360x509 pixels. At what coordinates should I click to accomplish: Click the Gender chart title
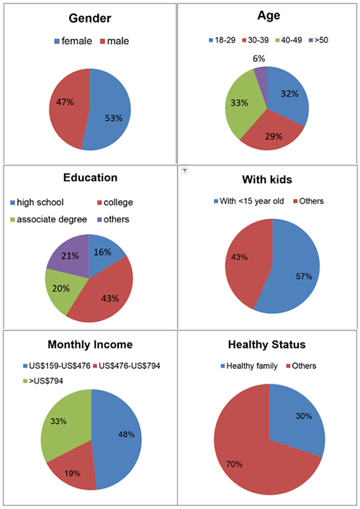tap(90, 19)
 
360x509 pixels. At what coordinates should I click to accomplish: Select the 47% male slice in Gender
tap(68, 107)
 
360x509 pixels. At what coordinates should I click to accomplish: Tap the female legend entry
tap(73, 41)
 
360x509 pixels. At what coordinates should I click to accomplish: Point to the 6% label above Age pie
tap(258, 58)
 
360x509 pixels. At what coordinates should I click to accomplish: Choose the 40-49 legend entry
tap(288, 40)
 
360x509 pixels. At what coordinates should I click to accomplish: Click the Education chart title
tap(90, 178)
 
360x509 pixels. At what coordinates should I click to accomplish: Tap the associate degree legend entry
tap(49, 220)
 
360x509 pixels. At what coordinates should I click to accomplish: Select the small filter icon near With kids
tap(184, 171)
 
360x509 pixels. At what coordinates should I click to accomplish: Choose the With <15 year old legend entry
tap(248, 202)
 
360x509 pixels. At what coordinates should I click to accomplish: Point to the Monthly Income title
tap(90, 344)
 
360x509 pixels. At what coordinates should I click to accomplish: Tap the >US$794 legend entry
tap(43, 381)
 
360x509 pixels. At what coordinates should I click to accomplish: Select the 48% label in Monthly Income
tap(126, 434)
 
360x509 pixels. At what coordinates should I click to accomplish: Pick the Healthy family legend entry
tap(249, 366)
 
